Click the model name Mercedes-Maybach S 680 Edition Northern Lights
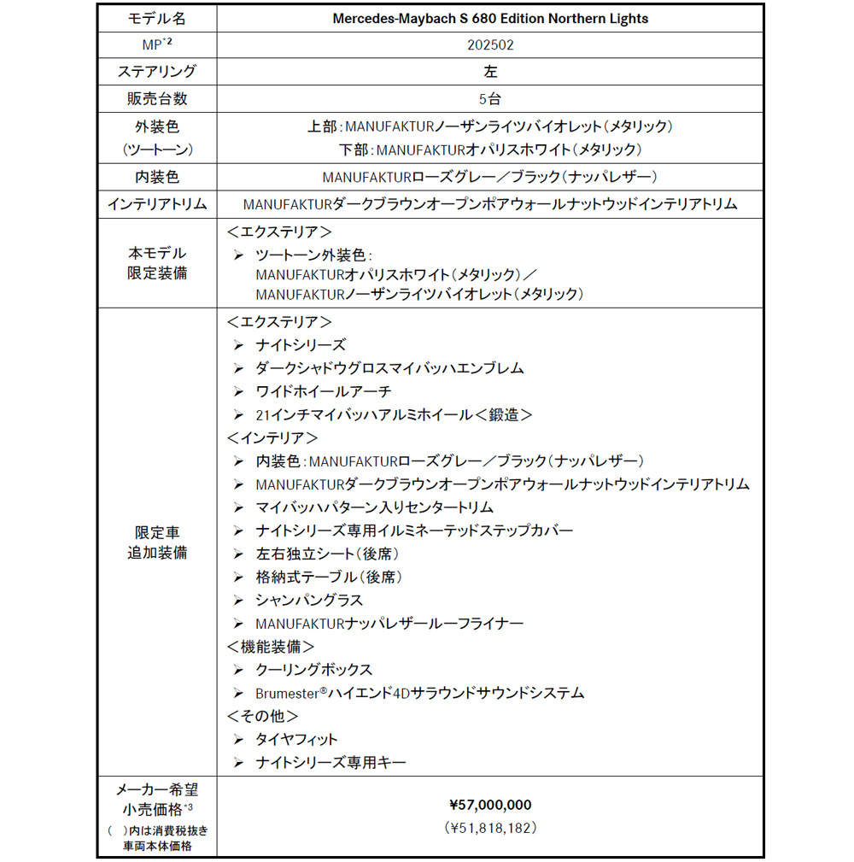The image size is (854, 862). [x=489, y=18]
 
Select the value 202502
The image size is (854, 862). [x=489, y=44]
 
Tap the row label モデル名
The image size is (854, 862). [x=156, y=18]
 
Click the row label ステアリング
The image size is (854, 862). [x=156, y=71]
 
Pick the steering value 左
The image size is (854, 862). [x=489, y=72]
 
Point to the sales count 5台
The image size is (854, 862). [x=489, y=98]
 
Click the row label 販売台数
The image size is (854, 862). [x=156, y=98]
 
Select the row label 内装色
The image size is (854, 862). [x=156, y=178]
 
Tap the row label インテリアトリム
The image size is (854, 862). [x=156, y=204]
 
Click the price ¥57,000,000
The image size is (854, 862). [x=489, y=804]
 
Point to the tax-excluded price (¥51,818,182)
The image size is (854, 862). [x=489, y=827]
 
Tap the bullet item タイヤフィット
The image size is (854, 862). [x=296, y=738]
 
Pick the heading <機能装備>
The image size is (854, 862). [x=271, y=646]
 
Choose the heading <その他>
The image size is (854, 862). [x=262, y=715]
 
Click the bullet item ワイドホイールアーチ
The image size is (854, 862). [x=324, y=391]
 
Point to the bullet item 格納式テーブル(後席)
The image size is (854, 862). [x=329, y=577]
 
